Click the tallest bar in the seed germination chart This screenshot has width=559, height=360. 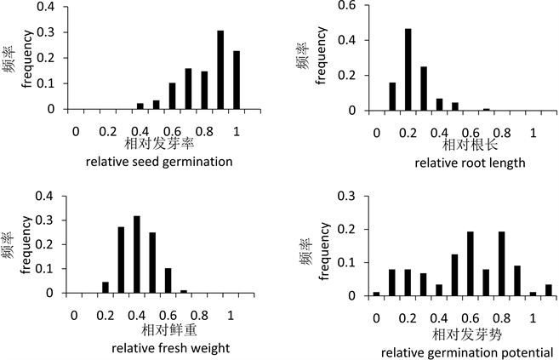(220, 71)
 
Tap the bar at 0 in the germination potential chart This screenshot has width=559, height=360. (376, 294)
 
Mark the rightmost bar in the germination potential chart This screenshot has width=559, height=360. (549, 290)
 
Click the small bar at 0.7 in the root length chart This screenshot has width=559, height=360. (487, 110)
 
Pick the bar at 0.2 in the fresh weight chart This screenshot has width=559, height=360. (106, 287)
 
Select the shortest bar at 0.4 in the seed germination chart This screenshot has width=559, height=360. (140, 106)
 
